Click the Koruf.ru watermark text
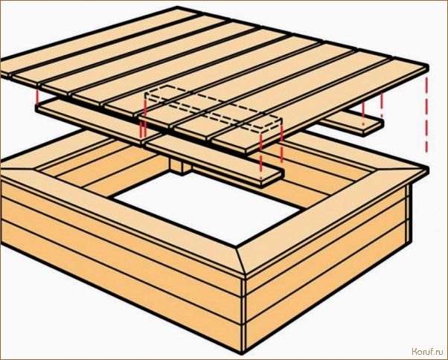click(427, 352)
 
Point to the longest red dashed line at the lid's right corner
click(426, 115)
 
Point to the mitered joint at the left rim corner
click(18, 169)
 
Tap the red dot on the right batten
click(363, 124)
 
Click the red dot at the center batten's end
click(260, 179)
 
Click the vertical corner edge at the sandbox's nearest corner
click(243, 315)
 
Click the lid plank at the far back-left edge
click(98, 40)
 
